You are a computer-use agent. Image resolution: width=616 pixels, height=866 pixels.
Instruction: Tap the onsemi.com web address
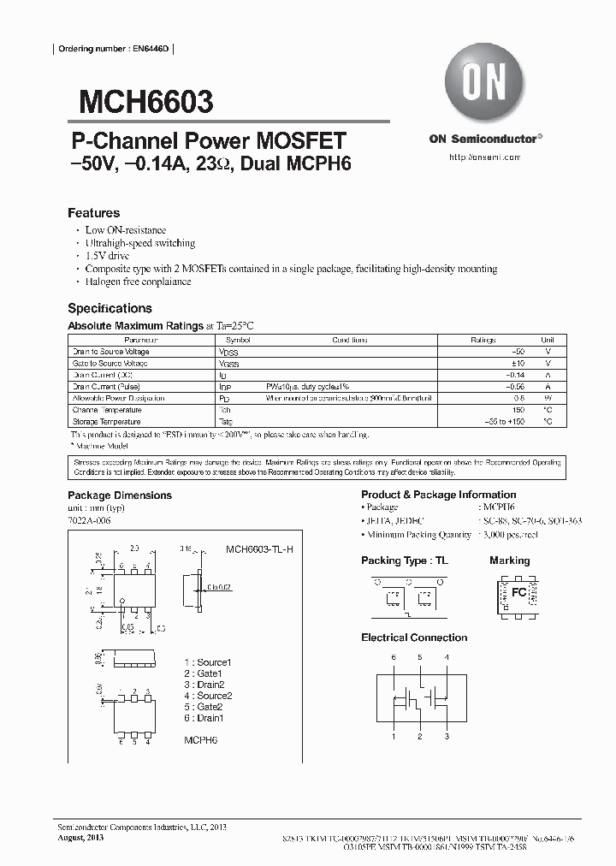[483, 157]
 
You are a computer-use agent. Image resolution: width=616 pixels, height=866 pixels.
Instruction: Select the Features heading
[93, 213]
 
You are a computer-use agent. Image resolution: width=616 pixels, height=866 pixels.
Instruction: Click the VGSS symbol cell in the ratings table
[229, 364]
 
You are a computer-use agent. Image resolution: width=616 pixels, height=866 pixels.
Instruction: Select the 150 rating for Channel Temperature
[518, 410]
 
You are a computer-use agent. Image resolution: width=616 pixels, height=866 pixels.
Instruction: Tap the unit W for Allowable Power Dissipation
[548, 399]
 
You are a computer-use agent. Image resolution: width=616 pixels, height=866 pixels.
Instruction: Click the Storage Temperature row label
[107, 422]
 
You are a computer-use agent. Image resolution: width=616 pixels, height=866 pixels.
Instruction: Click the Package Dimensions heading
[120, 495]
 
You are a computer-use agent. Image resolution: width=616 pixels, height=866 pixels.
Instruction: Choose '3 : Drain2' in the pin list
[204, 685]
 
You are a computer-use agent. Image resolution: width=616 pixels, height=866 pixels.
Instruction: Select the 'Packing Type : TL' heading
[405, 561]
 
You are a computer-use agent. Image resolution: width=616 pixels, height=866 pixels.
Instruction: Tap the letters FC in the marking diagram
[518, 591]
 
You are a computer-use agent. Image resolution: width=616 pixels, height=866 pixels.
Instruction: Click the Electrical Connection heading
[414, 638]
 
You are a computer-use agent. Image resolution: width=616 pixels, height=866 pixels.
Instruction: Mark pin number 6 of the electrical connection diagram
[394, 657]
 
